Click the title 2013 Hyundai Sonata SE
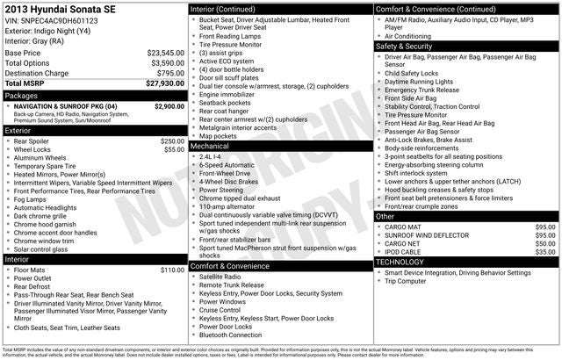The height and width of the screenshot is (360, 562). click(x=62, y=10)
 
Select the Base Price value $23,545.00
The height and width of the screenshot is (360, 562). click(x=165, y=53)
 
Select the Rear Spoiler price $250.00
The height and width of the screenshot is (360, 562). click(x=172, y=140)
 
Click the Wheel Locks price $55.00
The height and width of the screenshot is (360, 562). click(x=175, y=149)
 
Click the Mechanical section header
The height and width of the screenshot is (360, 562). click(x=210, y=147)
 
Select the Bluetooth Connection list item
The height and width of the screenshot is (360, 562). click(x=231, y=335)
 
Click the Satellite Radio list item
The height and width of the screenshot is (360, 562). click(x=220, y=277)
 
